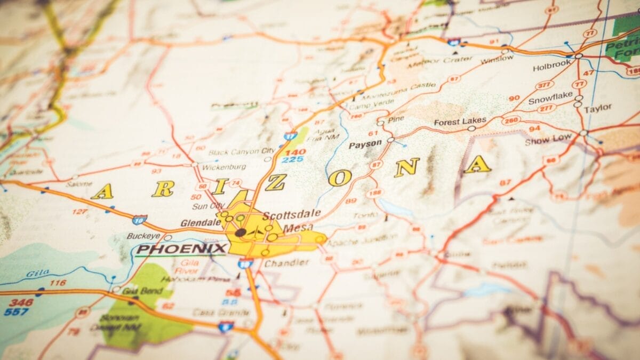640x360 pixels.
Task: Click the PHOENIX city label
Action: tap(182, 249)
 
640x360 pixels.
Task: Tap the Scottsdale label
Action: tap(292, 214)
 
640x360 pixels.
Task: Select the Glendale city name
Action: tap(201, 223)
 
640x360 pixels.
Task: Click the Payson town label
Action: tap(365, 144)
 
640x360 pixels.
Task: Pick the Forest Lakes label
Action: tap(460, 122)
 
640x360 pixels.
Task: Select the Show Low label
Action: tap(548, 140)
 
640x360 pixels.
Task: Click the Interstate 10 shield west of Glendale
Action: tap(140, 219)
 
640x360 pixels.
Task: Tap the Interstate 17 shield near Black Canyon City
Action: tap(290, 137)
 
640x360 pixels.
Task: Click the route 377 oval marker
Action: tap(544, 85)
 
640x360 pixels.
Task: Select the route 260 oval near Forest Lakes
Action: tap(510, 121)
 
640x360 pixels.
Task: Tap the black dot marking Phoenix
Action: tap(241, 233)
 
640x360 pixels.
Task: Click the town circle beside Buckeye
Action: tap(167, 237)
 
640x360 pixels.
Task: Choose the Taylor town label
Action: tap(598, 108)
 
